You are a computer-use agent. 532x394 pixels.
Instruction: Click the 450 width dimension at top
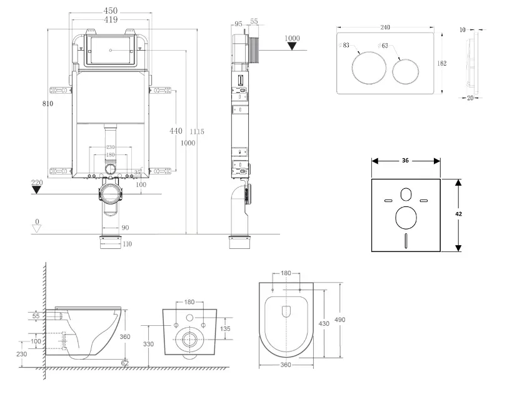[111, 11]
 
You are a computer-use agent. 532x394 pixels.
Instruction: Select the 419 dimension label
[111, 20]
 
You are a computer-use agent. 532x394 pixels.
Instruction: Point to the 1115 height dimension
[197, 132]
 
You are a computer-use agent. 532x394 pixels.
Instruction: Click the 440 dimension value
[176, 131]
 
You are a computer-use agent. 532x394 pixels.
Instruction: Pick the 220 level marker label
[38, 183]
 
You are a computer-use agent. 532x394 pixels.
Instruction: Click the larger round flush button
[364, 69]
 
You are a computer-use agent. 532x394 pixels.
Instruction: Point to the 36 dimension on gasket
[405, 160]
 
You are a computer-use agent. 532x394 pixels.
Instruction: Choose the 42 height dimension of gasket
[458, 213]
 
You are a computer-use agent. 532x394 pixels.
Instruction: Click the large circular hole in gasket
[406, 219]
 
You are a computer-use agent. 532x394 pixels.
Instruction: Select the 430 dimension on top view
[323, 323]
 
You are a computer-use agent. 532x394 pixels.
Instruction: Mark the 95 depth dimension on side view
[239, 24]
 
